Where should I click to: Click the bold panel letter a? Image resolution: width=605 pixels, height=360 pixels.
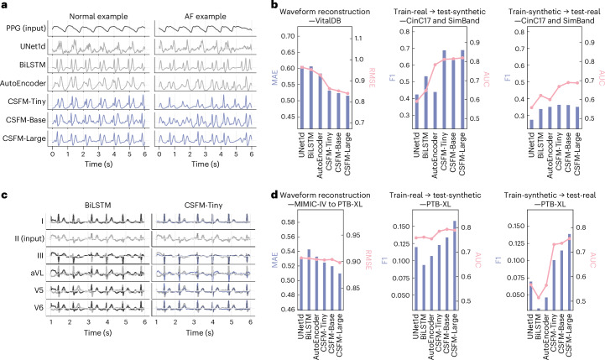[4, 5]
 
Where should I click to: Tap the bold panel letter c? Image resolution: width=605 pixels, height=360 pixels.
[4, 196]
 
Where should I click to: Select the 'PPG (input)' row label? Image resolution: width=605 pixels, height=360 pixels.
[26, 29]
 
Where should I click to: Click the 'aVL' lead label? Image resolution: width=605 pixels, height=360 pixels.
[38, 273]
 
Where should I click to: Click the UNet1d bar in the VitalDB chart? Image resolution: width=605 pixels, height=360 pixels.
[302, 97]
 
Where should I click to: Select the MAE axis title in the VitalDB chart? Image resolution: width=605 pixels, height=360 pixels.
[274, 77]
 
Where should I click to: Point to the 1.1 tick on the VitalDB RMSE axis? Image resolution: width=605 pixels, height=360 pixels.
[358, 39]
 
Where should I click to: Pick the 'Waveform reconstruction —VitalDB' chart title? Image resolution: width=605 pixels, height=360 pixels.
[325, 16]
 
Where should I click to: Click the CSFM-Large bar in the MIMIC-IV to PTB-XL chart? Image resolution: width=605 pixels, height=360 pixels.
[339, 291]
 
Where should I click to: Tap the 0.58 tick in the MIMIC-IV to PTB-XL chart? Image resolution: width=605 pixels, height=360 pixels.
[288, 222]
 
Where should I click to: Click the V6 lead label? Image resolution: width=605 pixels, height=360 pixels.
[39, 308]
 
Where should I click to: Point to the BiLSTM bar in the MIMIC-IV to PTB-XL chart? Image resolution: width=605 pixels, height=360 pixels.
[309, 279]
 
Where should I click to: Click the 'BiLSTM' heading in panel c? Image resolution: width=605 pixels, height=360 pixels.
[98, 206]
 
